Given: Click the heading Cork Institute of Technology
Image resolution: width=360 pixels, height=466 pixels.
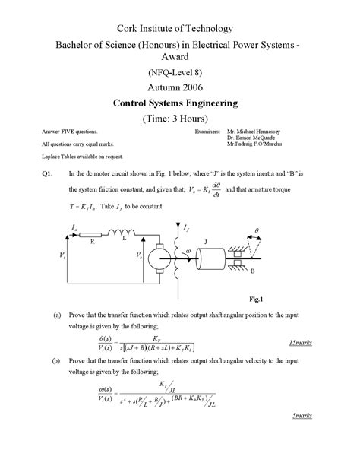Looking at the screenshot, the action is pyautogui.click(x=179, y=29).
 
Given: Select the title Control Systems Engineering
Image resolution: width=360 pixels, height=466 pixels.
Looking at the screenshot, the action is pyautogui.click(x=179, y=103).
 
